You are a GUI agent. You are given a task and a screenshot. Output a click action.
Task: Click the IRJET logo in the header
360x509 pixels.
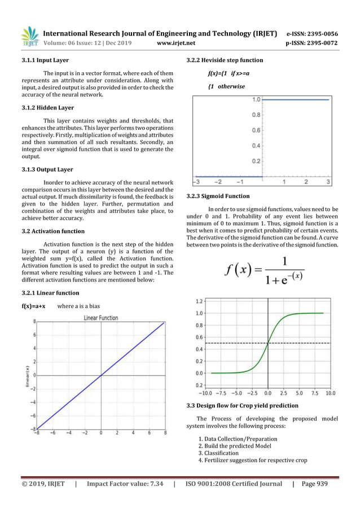29,36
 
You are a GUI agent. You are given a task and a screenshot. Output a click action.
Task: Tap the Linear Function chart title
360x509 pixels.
101,318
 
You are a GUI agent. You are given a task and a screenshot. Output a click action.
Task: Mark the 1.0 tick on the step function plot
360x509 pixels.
256,100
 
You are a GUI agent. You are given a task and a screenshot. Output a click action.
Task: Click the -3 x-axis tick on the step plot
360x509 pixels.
195,182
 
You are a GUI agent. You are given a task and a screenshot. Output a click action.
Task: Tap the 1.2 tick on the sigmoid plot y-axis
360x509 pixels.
199,301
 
